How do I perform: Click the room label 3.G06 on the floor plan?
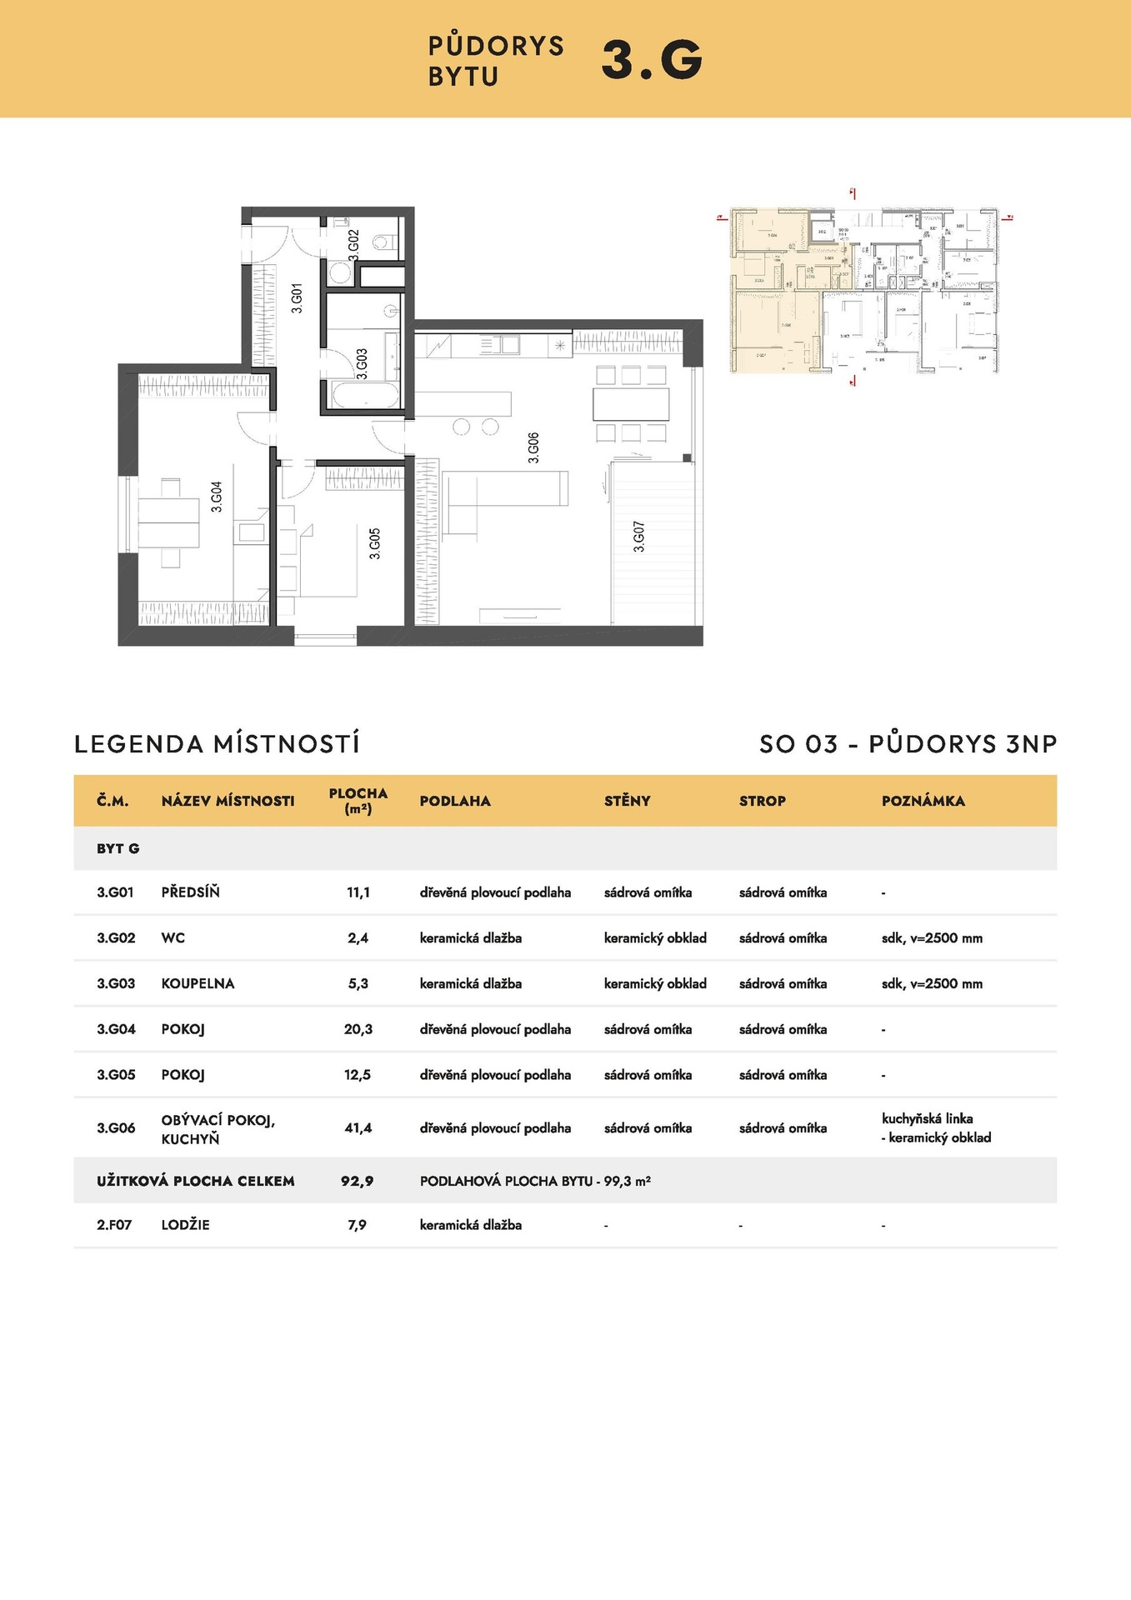pos(533,447)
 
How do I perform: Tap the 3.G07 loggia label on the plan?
pos(639,537)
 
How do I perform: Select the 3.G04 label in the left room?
pos(217,497)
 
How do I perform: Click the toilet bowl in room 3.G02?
pos(383,242)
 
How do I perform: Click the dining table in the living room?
pos(631,404)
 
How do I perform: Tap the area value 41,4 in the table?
pos(358,1127)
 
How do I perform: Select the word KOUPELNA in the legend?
pos(198,983)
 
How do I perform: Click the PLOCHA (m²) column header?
pos(358,800)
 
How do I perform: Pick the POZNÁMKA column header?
pos(923,801)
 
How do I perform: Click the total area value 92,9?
pos(358,1181)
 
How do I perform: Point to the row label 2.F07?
pos(114,1225)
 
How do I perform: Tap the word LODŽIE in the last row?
pos(185,1225)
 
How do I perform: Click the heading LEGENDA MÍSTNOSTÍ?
pos(217,743)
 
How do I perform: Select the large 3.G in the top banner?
pos(652,60)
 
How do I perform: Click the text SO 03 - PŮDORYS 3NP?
pos(908,743)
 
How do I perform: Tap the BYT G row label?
pos(118,848)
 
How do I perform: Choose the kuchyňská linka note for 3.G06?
pos(927,1118)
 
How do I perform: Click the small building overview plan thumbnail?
pos(863,289)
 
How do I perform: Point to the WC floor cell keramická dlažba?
pos(470,937)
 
